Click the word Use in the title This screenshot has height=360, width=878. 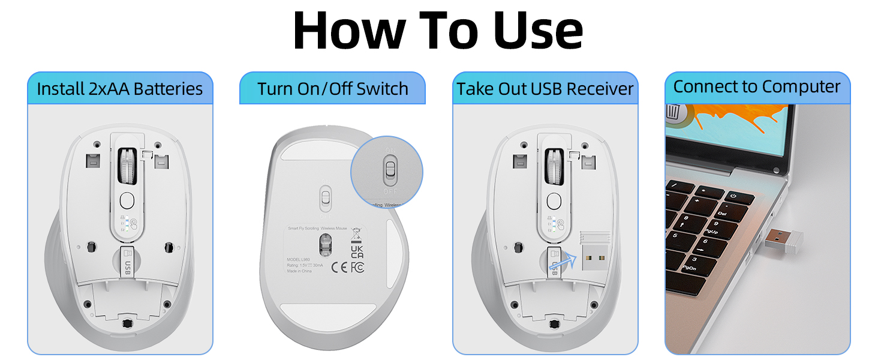coord(538,31)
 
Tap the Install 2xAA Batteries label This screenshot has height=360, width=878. coord(120,89)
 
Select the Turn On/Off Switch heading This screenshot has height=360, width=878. coord(333,89)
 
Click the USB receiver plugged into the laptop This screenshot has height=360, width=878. coord(783,241)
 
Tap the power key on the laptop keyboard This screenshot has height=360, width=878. coord(732,196)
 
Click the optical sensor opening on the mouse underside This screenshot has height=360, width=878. coord(324,243)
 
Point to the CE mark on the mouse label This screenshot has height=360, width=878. coord(339,267)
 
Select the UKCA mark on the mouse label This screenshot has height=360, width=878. coord(356,251)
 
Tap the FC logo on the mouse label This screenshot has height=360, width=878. coord(357,267)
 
